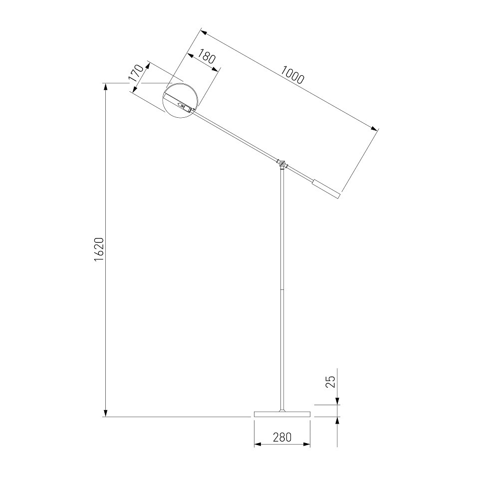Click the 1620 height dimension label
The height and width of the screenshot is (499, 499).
click(99, 249)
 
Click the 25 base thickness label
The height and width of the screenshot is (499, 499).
click(331, 382)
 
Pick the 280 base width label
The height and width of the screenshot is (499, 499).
click(282, 437)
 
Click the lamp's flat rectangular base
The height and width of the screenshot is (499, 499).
click(282, 414)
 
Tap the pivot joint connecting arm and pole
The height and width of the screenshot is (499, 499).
click(281, 164)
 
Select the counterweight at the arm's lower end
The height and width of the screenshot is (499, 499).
click(326, 189)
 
